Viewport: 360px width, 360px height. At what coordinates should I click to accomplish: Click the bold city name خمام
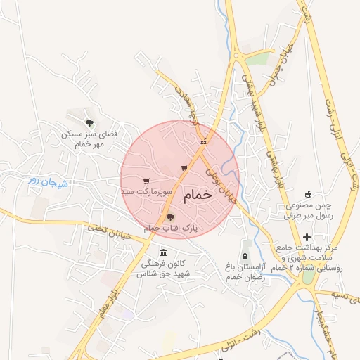[197, 196]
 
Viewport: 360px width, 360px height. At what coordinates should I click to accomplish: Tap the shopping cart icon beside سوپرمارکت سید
[146, 181]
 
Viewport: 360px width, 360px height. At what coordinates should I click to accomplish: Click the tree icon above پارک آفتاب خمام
[170, 217]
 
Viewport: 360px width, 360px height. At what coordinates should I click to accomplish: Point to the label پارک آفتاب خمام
[171, 229]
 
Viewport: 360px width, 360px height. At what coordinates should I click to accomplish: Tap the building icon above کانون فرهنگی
[164, 252]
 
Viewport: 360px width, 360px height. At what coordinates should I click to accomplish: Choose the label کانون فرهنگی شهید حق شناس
[169, 269]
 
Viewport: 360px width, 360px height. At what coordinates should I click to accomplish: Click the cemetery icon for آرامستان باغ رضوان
[245, 255]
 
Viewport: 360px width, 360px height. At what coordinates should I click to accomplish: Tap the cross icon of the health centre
[307, 238]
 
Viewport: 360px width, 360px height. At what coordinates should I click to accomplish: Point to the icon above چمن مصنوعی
[307, 194]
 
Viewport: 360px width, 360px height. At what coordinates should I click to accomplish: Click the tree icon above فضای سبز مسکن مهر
[88, 122]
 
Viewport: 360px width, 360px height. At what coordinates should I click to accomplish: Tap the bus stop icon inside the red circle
[203, 142]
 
